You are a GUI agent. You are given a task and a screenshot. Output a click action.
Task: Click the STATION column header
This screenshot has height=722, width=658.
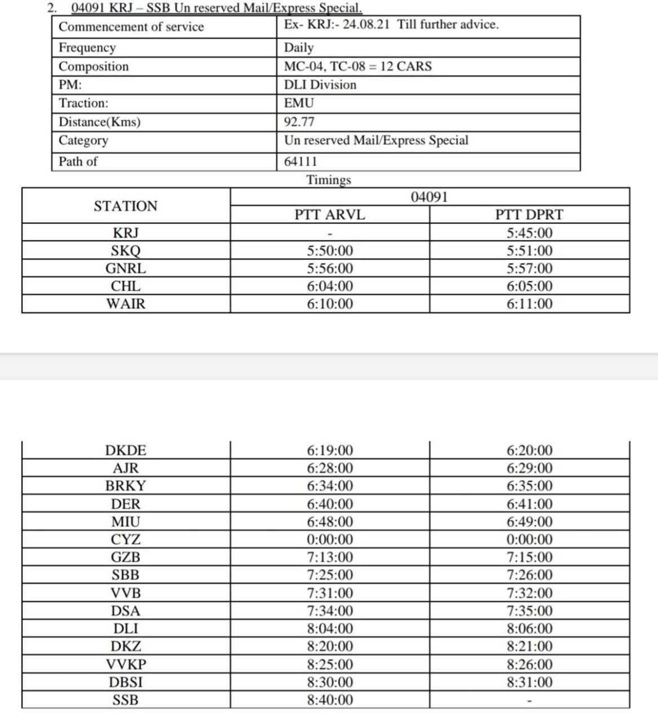(x=125, y=206)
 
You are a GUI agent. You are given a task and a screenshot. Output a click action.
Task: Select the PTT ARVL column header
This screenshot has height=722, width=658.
(x=330, y=215)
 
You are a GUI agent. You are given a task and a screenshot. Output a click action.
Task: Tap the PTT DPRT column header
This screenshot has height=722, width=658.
(x=529, y=215)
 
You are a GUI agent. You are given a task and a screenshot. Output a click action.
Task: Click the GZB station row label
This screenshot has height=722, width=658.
(x=125, y=557)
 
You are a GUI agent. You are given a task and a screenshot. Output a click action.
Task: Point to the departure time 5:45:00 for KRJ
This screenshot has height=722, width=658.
(x=529, y=233)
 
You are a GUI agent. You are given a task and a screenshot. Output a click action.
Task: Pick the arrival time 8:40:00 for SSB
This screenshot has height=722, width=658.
(x=330, y=700)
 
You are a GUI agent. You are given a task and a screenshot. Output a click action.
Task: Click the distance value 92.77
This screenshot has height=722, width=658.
(x=299, y=122)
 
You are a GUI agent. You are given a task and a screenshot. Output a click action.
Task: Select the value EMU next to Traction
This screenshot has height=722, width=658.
(x=299, y=103)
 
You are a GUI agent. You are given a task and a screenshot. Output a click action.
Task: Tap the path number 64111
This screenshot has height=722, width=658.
(x=301, y=161)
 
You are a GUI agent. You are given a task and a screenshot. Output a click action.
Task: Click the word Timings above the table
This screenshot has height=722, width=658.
(x=328, y=180)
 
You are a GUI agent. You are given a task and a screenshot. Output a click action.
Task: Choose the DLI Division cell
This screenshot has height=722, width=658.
(x=320, y=85)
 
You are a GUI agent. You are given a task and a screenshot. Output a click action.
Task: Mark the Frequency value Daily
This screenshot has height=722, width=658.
(x=299, y=47)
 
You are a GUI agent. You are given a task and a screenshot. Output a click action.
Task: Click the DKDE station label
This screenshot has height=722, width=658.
(x=125, y=451)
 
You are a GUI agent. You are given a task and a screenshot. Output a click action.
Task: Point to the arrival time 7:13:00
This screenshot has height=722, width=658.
(x=330, y=557)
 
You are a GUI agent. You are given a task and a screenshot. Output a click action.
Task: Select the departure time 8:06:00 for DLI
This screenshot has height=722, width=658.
(x=529, y=628)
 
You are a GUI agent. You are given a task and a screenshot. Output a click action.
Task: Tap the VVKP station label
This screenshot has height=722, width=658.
(x=125, y=664)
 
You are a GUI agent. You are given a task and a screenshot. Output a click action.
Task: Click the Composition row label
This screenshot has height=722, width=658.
(x=94, y=67)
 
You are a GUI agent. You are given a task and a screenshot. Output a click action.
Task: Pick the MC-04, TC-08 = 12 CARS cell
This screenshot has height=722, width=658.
(x=357, y=66)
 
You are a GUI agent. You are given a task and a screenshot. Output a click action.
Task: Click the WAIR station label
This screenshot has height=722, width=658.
(x=125, y=304)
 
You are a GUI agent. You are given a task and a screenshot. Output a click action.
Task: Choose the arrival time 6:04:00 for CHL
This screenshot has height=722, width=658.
(x=330, y=287)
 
